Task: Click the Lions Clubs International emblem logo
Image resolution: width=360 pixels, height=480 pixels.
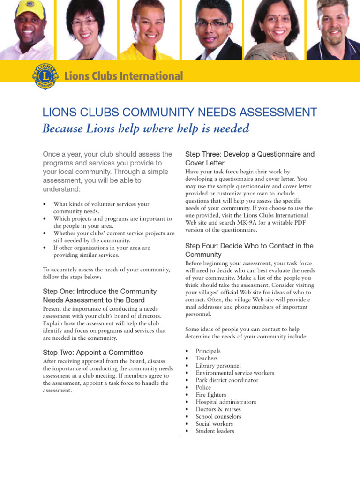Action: pos(45,75)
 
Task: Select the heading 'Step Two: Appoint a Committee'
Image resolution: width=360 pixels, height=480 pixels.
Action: pos(93,352)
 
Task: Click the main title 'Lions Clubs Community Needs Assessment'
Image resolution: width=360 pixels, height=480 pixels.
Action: pos(180,112)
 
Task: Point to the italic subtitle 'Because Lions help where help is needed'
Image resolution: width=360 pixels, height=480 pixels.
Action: pos(145,128)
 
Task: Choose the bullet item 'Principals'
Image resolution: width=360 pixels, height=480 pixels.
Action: pos(208,351)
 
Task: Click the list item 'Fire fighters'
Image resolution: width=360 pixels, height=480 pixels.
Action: pos(211,395)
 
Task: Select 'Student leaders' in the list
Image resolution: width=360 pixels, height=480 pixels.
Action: pos(215,431)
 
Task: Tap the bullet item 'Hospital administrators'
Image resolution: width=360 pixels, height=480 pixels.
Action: pos(226,402)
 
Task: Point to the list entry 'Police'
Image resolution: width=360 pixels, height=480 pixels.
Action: pos(203,388)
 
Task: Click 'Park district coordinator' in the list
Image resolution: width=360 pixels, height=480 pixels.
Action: pos(227,380)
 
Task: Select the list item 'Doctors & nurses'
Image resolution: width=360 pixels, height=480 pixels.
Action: pos(218,409)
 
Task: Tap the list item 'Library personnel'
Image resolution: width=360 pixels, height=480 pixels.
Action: pos(218,366)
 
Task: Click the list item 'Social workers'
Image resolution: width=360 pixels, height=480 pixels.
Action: pos(214,424)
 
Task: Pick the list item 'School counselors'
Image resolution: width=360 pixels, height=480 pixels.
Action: pos(218,417)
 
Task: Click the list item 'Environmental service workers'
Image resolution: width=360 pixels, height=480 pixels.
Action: pos(235,373)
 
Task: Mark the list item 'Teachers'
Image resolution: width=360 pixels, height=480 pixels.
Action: pos(207,359)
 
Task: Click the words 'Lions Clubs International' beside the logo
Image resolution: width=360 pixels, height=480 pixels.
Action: pos(123,76)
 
